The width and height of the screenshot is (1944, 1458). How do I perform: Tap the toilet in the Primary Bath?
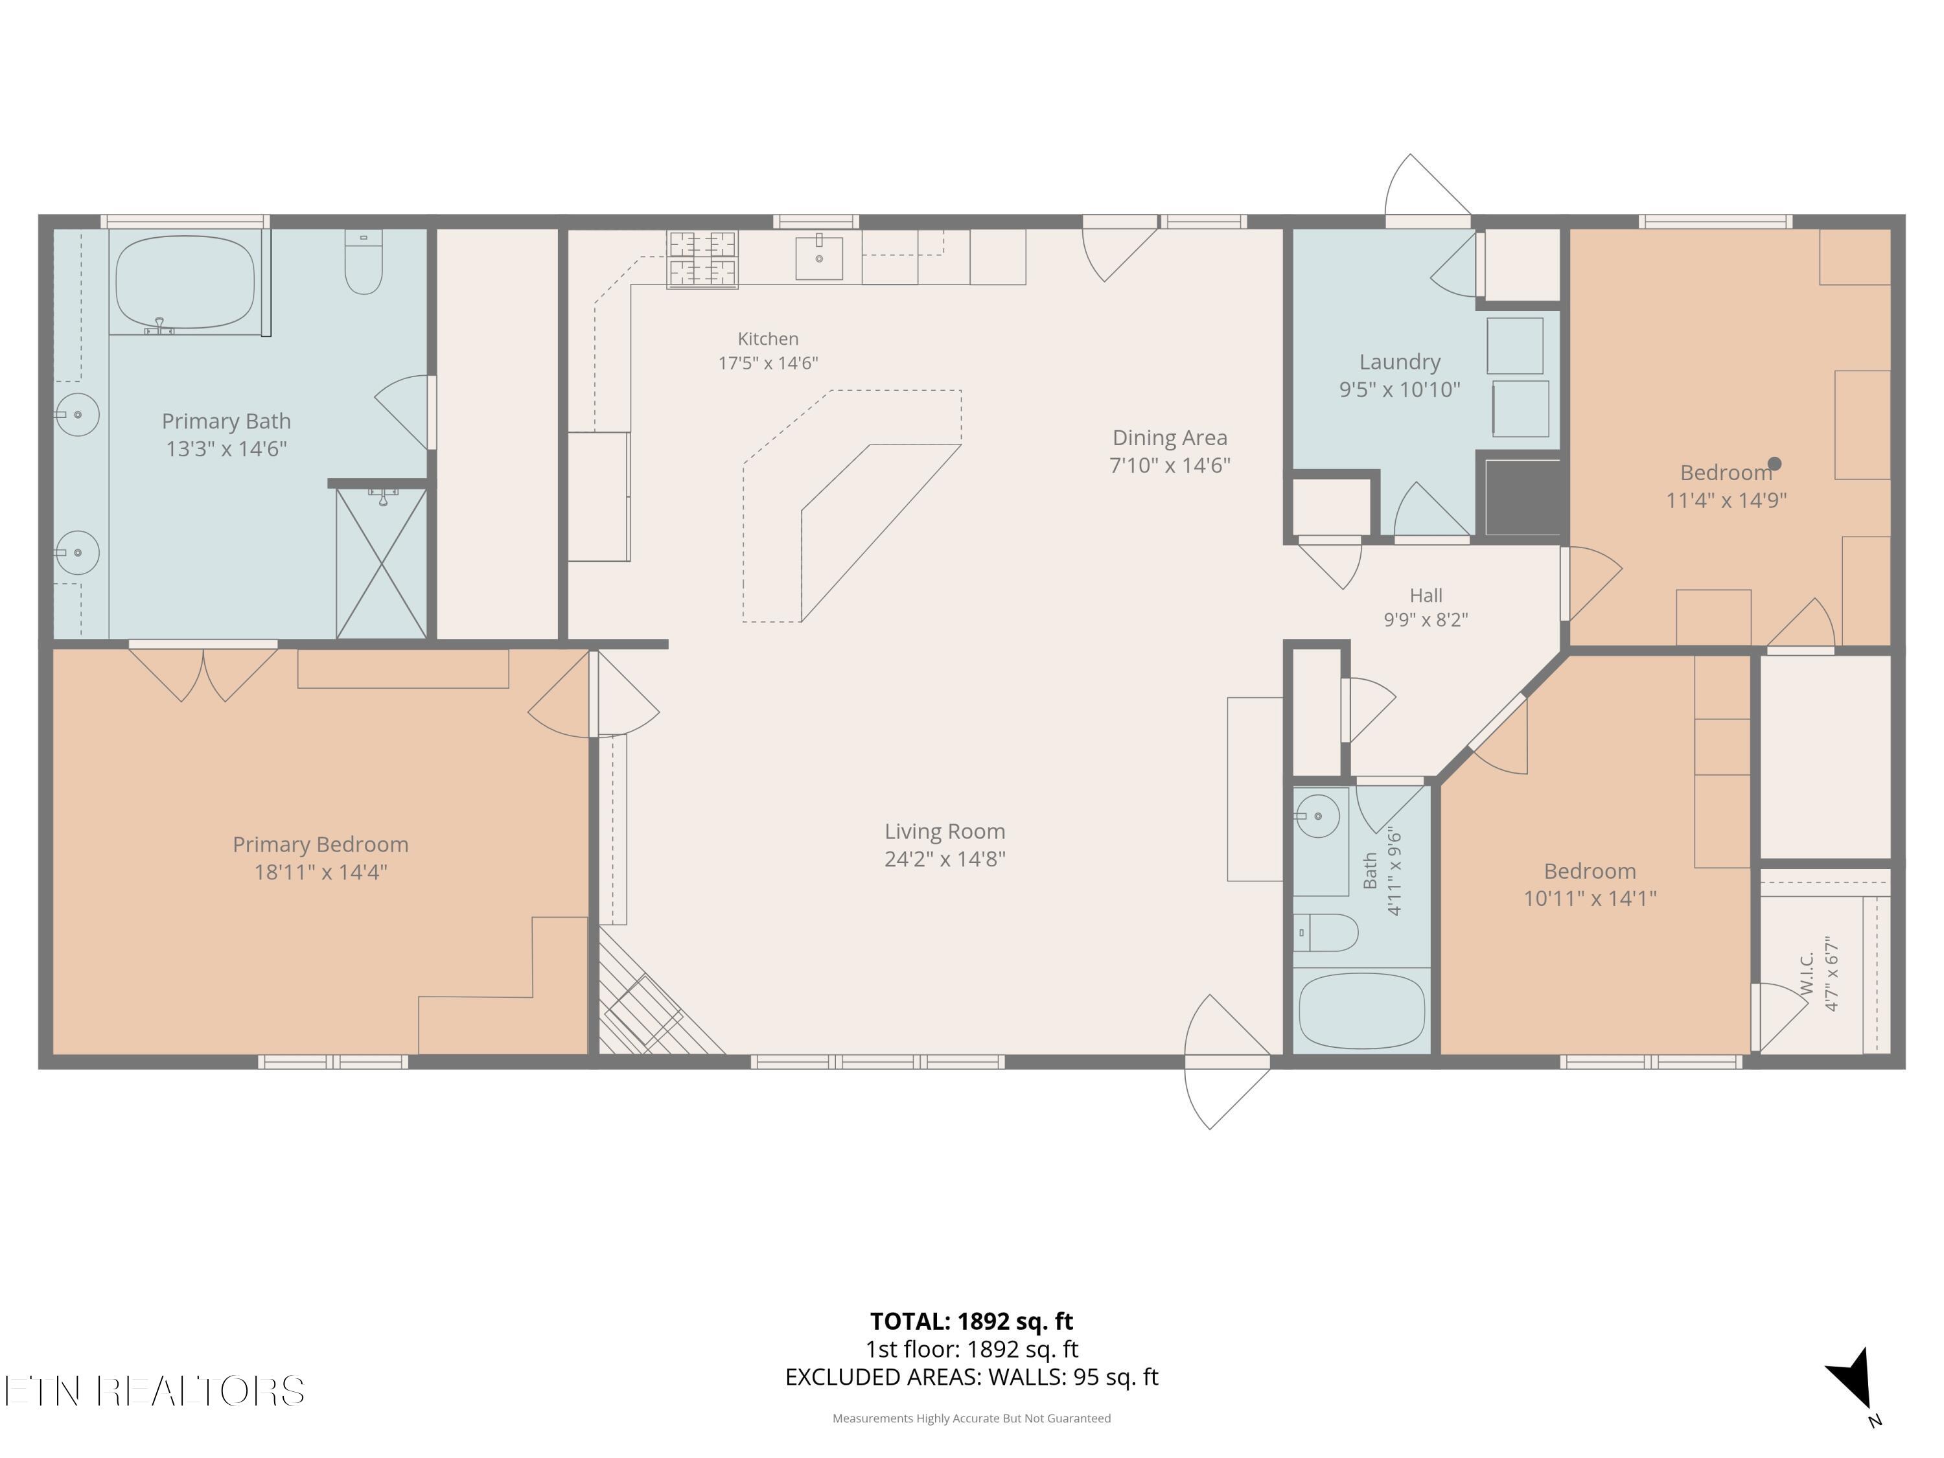[364, 262]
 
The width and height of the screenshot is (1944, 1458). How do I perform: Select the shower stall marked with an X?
[382, 563]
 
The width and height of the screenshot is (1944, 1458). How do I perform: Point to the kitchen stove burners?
[702, 259]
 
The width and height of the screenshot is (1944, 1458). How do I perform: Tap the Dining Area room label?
[1170, 437]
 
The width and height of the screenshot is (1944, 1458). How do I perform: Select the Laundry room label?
[1400, 362]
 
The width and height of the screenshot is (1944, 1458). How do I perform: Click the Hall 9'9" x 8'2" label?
[1426, 607]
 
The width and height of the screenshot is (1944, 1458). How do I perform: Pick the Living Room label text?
[945, 831]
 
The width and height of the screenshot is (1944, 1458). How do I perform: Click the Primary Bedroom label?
[321, 844]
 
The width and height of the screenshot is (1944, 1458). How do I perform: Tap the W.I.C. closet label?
[1807, 973]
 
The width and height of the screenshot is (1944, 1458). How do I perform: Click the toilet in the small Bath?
[1326, 932]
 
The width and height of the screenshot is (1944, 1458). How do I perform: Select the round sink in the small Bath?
[1317, 816]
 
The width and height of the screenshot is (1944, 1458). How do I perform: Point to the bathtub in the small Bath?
[1361, 1011]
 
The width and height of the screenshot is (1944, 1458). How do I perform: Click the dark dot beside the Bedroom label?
[1774, 463]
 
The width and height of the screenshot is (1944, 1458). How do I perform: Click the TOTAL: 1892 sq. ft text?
[971, 1321]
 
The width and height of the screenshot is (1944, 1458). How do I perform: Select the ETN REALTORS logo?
[155, 1391]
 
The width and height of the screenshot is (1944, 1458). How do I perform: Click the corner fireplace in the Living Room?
[651, 1002]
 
